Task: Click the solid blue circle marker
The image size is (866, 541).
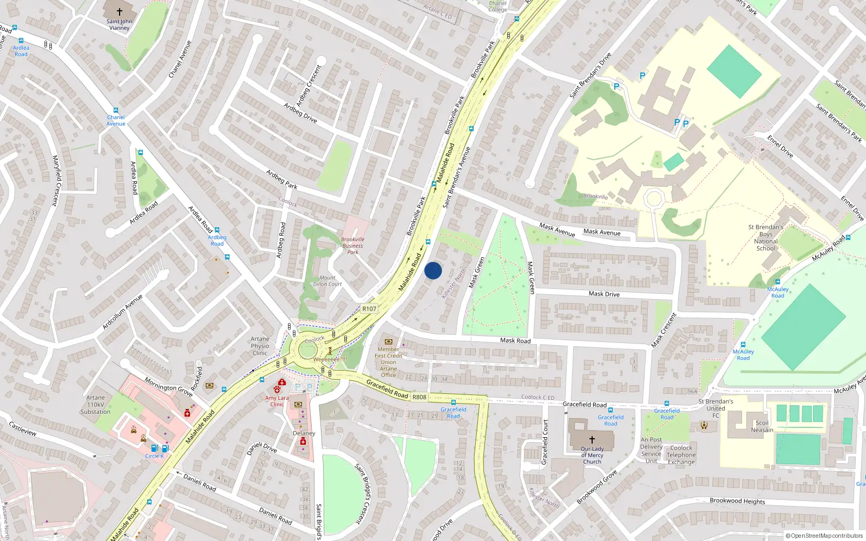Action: [433, 270]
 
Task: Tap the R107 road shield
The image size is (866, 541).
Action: [369, 309]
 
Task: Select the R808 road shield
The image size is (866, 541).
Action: [419, 397]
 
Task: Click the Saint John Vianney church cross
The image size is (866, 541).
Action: [119, 11]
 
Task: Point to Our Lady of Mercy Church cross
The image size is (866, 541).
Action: [592, 440]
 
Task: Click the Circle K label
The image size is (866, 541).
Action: [154, 456]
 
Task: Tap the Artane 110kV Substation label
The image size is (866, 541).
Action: [95, 405]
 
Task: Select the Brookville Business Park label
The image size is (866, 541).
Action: [353, 246]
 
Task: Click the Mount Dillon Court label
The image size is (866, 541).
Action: [327, 281]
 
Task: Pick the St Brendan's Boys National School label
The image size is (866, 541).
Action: [765, 238]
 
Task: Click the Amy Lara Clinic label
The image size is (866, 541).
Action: [277, 401]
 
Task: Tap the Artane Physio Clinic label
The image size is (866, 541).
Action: [260, 346]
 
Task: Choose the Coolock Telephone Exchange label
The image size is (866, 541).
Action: [681, 455]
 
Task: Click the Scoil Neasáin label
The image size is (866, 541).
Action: [762, 426]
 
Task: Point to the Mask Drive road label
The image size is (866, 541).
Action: [604, 294]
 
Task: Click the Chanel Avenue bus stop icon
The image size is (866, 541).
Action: [116, 110]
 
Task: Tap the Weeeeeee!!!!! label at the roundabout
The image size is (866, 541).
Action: [330, 359]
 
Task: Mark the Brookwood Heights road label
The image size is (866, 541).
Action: [737, 501]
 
